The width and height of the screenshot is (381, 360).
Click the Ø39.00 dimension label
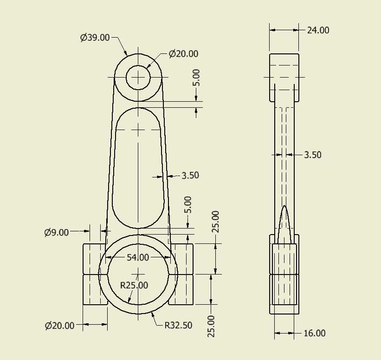95,38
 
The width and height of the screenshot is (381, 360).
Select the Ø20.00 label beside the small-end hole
183,54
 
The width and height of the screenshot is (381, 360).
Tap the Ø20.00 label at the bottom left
59,326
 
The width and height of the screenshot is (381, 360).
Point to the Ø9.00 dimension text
57,233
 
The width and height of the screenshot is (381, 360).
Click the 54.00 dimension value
138,257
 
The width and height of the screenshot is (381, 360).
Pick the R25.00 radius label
134,285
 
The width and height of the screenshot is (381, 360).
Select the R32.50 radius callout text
178,325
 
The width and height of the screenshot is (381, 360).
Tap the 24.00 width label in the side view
318,30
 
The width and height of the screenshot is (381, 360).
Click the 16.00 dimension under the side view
315,333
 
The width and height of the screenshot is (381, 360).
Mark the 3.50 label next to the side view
313,155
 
